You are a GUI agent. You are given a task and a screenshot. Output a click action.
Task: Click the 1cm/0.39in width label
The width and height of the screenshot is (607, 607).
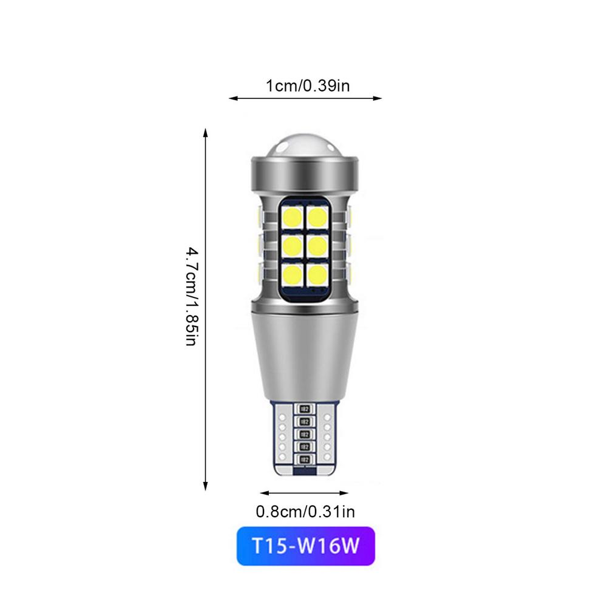pyautogui.click(x=307, y=86)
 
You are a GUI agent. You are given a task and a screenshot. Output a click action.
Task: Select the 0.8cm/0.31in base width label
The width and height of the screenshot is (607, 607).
pyautogui.click(x=305, y=512)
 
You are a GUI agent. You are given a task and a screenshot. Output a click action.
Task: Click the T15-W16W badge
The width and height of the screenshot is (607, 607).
pyautogui.click(x=305, y=548)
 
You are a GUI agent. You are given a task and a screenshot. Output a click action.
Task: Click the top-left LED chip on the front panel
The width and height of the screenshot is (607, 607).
pyautogui.click(x=292, y=217)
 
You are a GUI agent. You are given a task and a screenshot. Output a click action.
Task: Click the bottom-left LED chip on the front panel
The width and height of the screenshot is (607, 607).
pyautogui.click(x=292, y=274)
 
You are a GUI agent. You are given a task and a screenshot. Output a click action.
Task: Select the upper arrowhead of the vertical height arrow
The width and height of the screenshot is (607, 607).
pyautogui.click(x=206, y=132)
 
